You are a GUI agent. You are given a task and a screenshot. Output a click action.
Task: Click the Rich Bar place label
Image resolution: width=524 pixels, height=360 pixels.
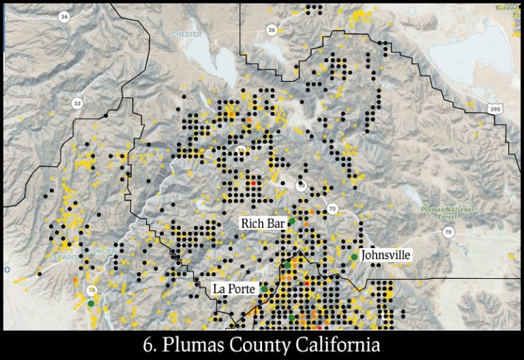click(262, 223)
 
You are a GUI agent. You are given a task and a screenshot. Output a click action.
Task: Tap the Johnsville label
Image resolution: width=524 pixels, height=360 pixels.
click(385, 254)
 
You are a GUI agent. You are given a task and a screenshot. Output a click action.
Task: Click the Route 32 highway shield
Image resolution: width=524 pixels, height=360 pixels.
click(77, 103)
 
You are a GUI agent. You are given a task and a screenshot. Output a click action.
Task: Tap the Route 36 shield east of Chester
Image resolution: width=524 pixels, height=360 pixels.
click(272, 30)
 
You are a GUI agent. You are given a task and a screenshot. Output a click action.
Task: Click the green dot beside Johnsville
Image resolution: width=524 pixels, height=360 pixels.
click(354, 257)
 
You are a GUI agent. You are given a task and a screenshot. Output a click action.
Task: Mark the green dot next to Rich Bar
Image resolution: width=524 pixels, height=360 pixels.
click(291, 221)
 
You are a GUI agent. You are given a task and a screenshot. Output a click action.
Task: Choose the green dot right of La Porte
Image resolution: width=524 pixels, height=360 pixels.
click(264, 290)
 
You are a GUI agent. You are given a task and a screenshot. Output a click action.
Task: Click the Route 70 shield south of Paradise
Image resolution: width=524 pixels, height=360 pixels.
click(92, 290)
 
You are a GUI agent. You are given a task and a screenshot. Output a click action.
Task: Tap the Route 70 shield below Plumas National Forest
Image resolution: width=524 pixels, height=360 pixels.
click(448, 233)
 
